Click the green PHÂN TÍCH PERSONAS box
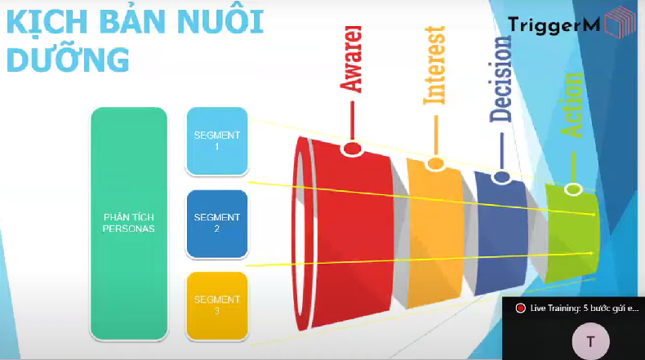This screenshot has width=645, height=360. point(129,223)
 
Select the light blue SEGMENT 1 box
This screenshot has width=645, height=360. point(216,141)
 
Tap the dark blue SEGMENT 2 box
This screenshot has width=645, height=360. point(216,223)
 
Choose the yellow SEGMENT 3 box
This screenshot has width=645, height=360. point(216,304)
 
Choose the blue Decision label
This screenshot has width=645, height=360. point(501,79)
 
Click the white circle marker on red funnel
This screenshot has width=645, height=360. point(353,149)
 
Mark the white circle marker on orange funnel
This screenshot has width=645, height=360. point(436,164)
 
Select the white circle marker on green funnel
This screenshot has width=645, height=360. point(573,189)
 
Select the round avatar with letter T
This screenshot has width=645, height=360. point(590,341)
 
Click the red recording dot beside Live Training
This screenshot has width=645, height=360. point(519,308)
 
